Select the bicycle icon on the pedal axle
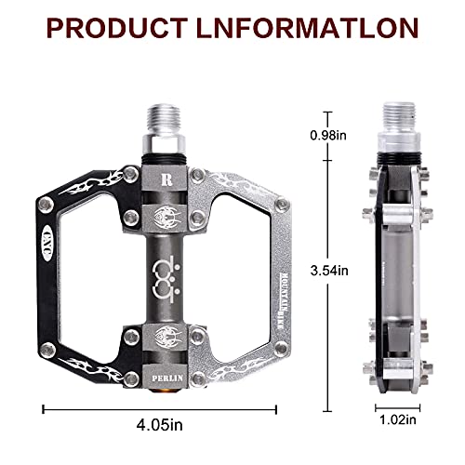pos(167,277)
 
